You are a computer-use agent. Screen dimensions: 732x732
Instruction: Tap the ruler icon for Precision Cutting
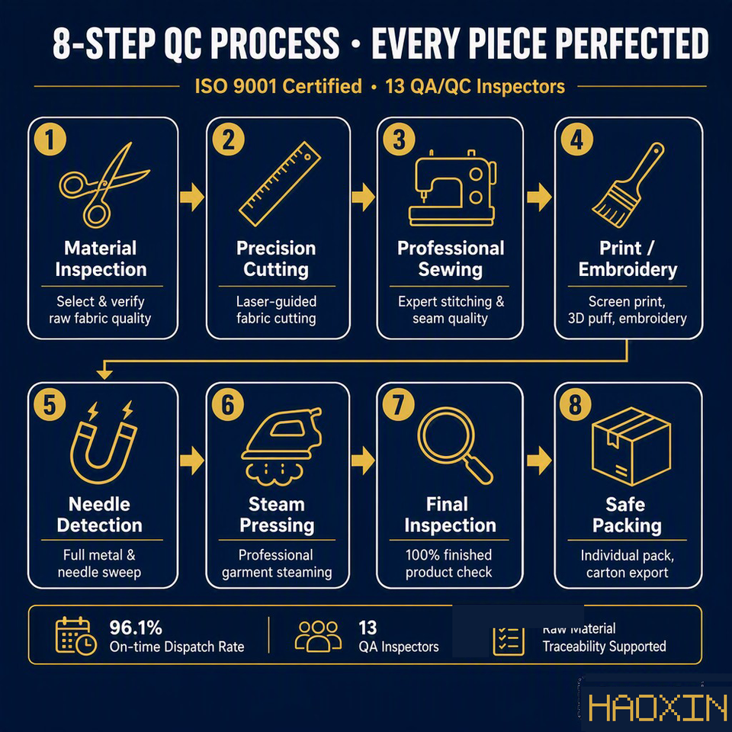click(x=280, y=184)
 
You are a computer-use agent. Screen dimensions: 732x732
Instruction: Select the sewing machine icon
click(x=452, y=188)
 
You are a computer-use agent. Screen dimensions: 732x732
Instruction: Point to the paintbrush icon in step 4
click(x=628, y=185)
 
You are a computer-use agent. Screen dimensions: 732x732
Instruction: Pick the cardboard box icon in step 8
click(x=631, y=446)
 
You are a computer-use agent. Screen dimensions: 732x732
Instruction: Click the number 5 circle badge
click(x=50, y=404)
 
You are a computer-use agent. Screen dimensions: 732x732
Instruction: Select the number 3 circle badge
click(x=399, y=139)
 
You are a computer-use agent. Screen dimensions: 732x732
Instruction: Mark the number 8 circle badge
click(x=576, y=404)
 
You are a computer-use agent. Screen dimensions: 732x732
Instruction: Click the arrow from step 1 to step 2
click(x=192, y=197)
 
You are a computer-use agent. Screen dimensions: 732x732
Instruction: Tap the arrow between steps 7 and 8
click(x=539, y=461)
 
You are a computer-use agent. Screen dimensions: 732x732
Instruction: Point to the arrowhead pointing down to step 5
click(x=104, y=374)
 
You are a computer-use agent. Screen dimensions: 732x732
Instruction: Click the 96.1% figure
click(x=136, y=628)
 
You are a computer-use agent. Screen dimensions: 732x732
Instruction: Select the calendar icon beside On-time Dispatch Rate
click(x=75, y=636)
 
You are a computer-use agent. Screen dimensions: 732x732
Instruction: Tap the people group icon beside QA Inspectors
click(x=318, y=636)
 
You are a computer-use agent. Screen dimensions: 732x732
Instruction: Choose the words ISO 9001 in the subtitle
click(x=236, y=86)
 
